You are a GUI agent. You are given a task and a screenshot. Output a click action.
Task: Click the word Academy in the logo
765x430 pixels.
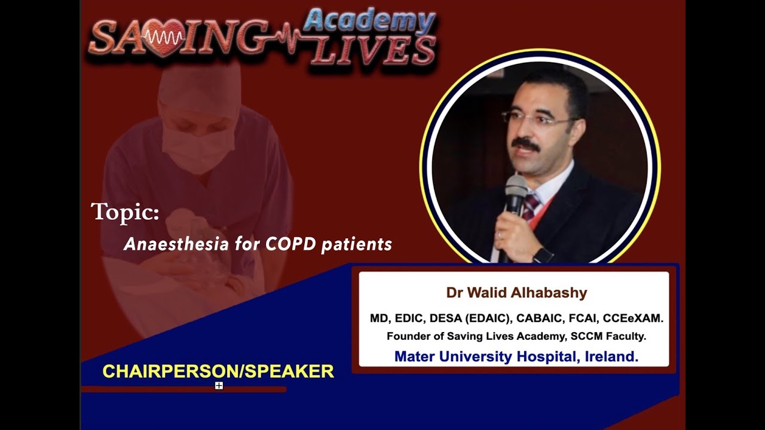[x=369, y=22]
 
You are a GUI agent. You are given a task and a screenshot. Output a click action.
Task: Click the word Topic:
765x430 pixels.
[x=125, y=212]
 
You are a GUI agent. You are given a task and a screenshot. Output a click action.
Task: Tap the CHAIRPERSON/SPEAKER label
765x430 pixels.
[x=218, y=371]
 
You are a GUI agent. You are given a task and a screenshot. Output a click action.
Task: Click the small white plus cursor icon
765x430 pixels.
[x=219, y=386]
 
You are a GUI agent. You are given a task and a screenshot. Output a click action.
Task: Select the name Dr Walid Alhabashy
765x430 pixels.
[x=516, y=293]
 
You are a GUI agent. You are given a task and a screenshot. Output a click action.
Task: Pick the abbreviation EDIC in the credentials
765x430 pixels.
[x=408, y=318]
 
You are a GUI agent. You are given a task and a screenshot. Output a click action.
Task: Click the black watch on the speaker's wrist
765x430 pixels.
[x=543, y=255]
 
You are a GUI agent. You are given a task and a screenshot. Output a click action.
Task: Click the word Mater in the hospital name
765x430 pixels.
[x=414, y=357]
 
